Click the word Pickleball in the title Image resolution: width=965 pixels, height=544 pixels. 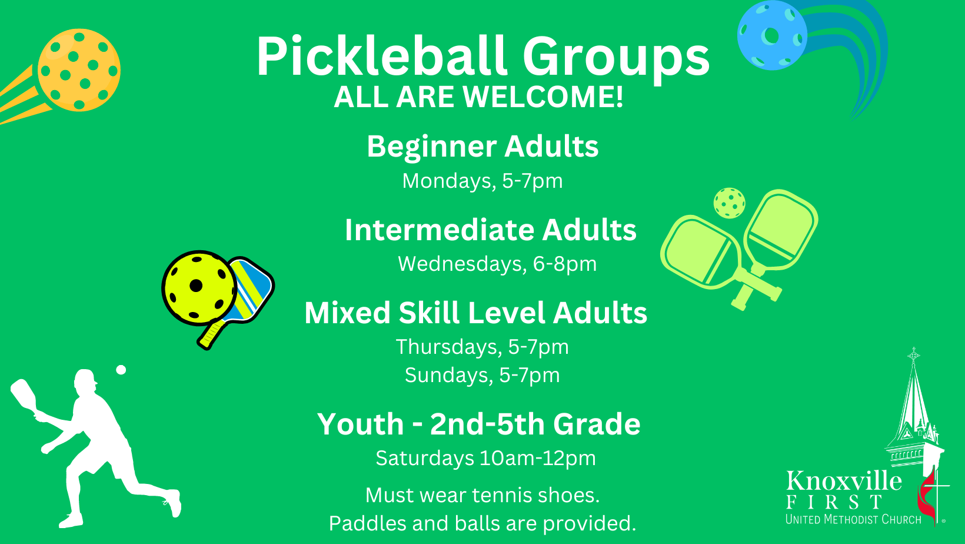click(x=382, y=57)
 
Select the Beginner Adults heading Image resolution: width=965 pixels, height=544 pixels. click(x=482, y=147)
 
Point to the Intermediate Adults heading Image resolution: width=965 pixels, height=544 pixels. click(x=490, y=230)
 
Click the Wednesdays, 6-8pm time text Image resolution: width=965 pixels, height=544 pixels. click(x=497, y=264)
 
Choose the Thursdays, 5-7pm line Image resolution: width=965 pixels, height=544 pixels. click(x=482, y=347)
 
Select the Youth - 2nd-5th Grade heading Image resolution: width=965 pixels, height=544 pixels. click(x=479, y=424)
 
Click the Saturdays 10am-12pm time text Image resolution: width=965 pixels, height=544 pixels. click(x=486, y=458)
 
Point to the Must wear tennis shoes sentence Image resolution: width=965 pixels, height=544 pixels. click(x=482, y=495)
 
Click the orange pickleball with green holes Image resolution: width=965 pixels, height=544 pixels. click(x=79, y=70)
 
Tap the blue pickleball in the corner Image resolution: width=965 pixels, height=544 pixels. click(x=772, y=35)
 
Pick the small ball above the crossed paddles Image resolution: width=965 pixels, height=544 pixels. click(x=730, y=203)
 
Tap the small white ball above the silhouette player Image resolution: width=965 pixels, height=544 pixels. click(x=121, y=370)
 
